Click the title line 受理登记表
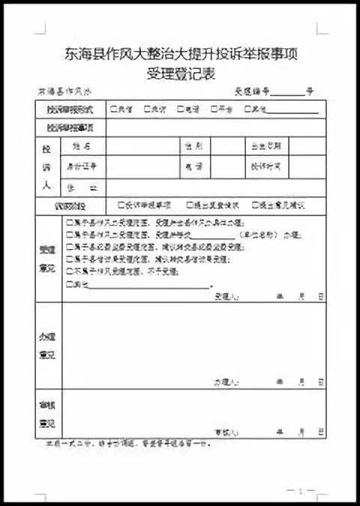pos(180,73)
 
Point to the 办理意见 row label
pos(48,345)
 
